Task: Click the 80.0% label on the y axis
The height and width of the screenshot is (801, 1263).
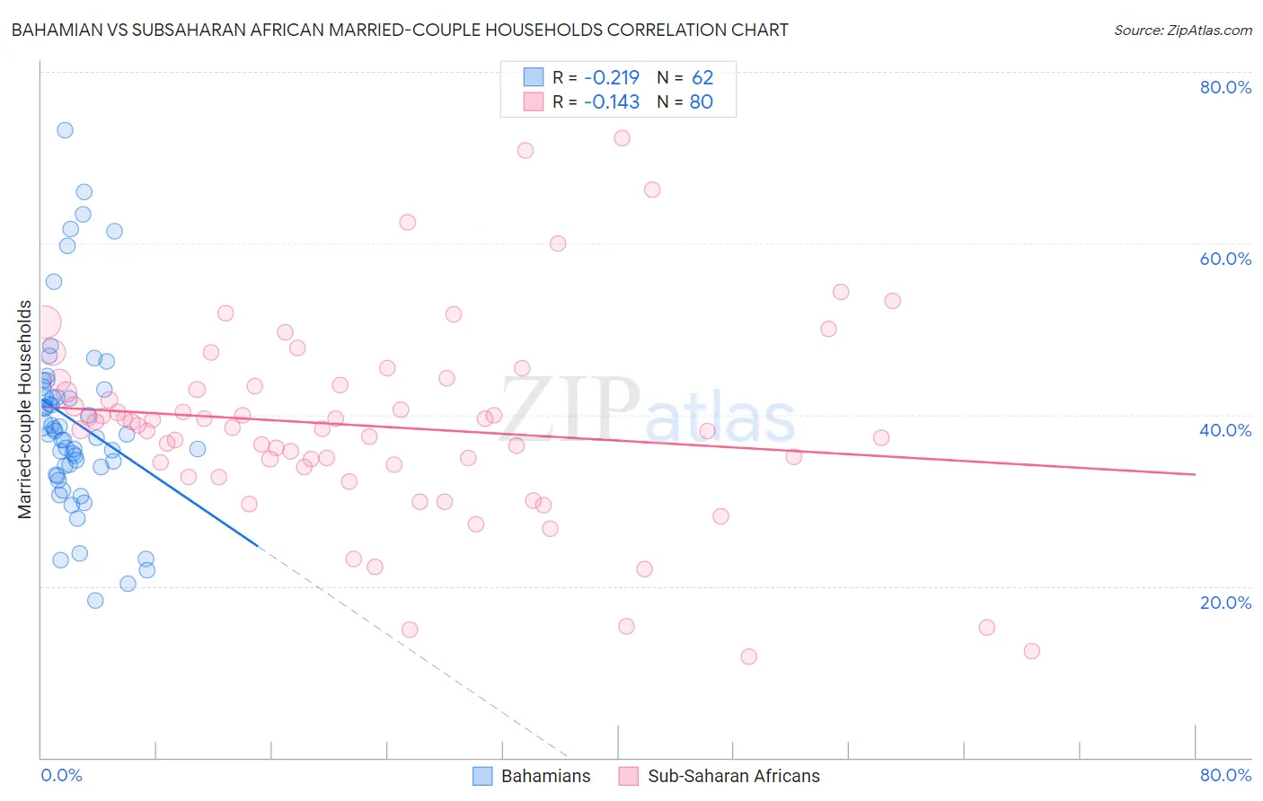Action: pyautogui.click(x=1225, y=87)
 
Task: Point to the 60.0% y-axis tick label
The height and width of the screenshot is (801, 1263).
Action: pyautogui.click(x=1225, y=259)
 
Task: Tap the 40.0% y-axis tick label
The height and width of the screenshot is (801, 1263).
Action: pyautogui.click(x=1225, y=430)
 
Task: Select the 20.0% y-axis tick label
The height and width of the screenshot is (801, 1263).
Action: pyautogui.click(x=1225, y=602)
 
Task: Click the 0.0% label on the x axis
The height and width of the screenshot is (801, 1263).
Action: pyautogui.click(x=61, y=775)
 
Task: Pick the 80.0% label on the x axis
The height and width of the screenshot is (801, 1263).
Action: pyautogui.click(x=1225, y=775)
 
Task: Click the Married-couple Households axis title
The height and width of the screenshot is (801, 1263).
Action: pyautogui.click(x=25, y=409)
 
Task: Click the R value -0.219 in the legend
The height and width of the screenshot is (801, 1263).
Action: pyautogui.click(x=611, y=77)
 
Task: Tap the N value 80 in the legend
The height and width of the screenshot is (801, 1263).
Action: pyautogui.click(x=701, y=101)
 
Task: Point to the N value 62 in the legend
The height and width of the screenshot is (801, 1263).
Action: pyautogui.click(x=702, y=77)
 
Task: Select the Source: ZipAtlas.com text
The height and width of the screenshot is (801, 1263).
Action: pyautogui.click(x=1182, y=31)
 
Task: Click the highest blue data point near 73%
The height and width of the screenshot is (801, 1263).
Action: pyautogui.click(x=65, y=130)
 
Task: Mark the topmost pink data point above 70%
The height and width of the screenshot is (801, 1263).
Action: pyautogui.click(x=622, y=138)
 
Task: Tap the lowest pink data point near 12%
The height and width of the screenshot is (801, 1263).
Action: pyautogui.click(x=748, y=656)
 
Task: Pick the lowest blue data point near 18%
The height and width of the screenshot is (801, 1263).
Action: pyautogui.click(x=95, y=601)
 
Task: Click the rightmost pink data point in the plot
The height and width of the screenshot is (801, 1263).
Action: pyautogui.click(x=1031, y=651)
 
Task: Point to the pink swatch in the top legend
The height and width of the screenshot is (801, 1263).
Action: pyautogui.click(x=534, y=101)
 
